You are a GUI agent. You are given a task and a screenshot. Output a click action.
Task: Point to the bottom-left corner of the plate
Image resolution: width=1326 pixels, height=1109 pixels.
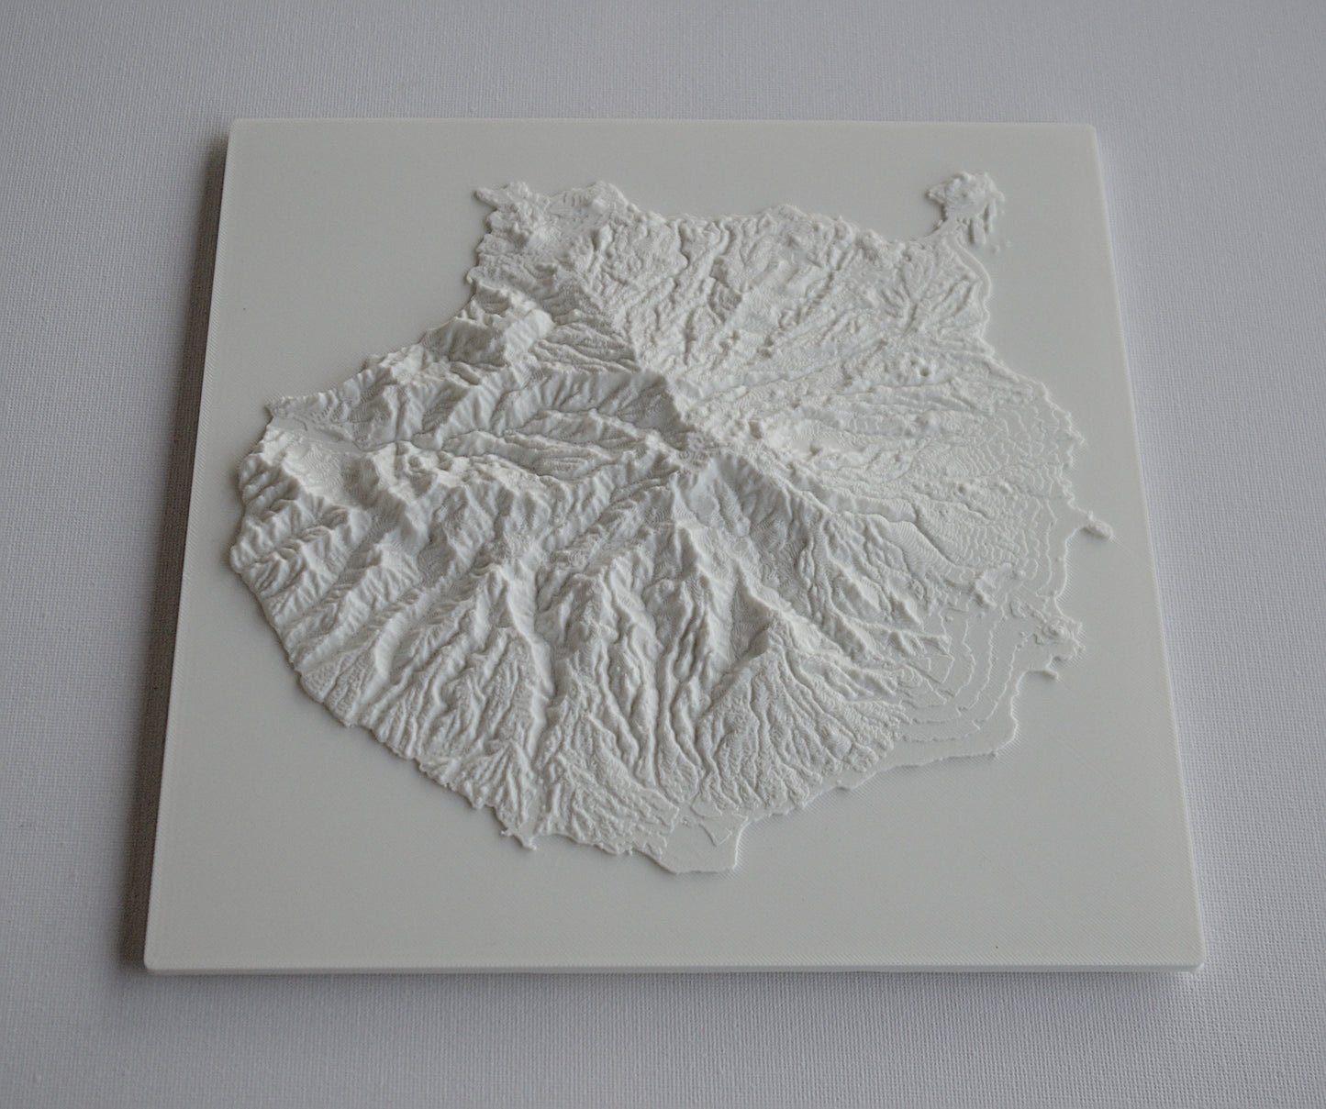point(147,970)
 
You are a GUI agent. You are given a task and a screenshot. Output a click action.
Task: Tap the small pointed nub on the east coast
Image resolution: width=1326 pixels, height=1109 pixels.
point(1098,527)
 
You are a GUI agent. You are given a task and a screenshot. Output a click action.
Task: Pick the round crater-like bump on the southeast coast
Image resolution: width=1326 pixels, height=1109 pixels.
point(1063,631)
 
